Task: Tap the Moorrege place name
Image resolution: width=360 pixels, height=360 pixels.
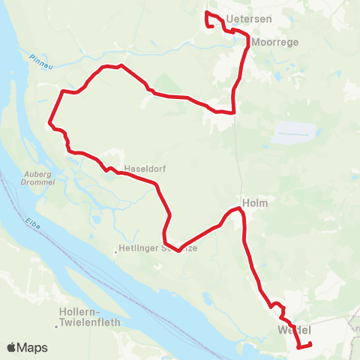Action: [275, 43]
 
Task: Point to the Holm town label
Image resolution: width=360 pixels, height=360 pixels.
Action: [255, 202]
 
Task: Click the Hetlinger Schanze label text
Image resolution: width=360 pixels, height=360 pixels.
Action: [158, 248]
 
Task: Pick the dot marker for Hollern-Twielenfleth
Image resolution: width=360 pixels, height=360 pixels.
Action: [57, 326]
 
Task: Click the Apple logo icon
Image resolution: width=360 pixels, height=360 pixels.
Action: [12, 347]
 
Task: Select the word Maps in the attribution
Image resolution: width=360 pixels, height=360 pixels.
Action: [34, 347]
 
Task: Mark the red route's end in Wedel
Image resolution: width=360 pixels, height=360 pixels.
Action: [310, 344]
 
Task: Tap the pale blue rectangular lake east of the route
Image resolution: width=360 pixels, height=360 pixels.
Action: [292, 133]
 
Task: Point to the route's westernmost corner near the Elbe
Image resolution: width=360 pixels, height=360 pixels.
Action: [49, 121]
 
